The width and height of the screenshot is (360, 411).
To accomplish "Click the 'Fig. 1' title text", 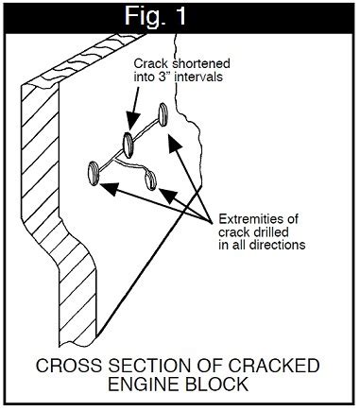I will click(179, 16).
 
